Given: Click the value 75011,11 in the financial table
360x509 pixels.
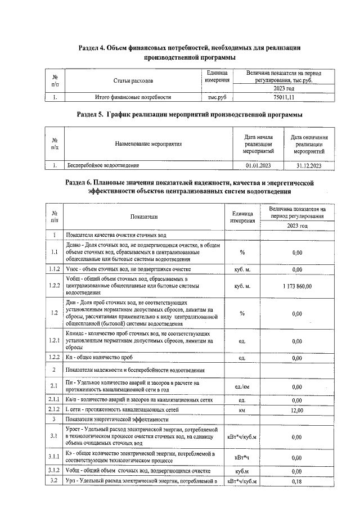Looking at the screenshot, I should pos(283,97).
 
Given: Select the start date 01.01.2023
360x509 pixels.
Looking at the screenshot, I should pos(259,165).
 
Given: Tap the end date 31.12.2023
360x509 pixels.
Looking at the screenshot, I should pos(309,165).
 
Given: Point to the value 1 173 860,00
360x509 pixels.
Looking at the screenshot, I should pos(297,286).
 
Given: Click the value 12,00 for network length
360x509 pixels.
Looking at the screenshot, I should pos(297,411).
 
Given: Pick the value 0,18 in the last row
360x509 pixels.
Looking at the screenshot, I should pos(297,482).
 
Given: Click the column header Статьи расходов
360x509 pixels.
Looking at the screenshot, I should pos(133,81).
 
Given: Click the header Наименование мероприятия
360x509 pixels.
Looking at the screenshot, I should pos(148,145).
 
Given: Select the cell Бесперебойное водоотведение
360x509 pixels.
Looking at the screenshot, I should pos(103,165).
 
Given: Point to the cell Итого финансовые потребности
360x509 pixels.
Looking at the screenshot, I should pos(133,97).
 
